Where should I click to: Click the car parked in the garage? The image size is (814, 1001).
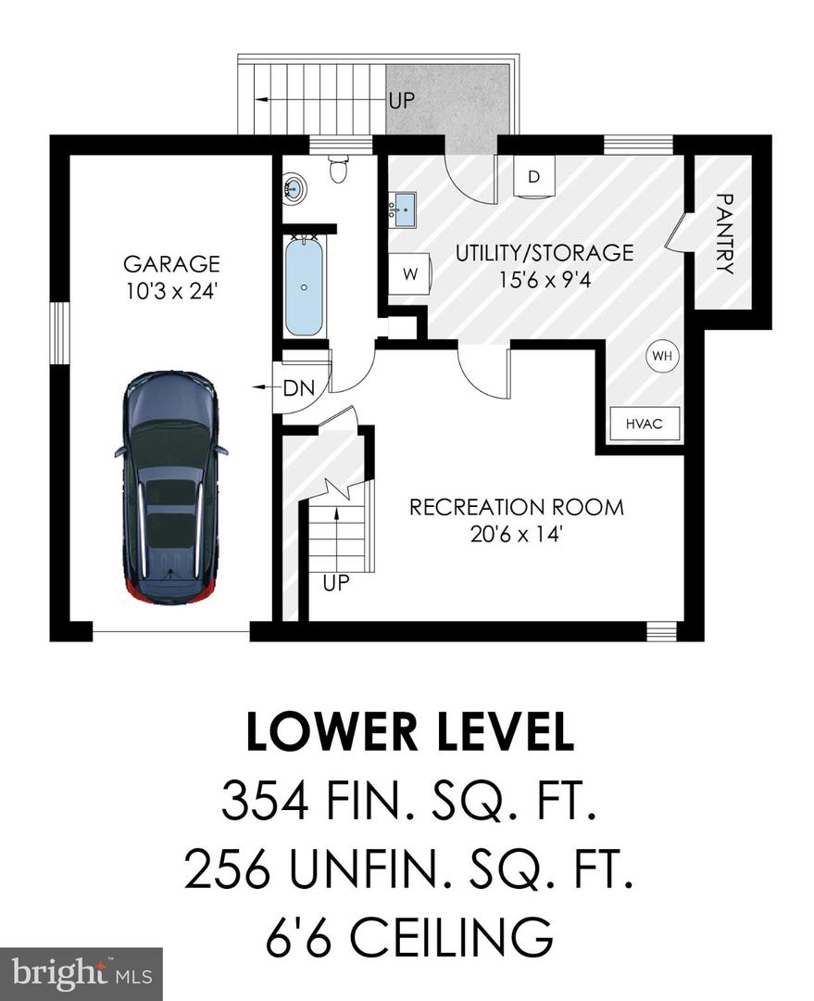click(171, 486)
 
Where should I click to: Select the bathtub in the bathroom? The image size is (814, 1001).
click(304, 286)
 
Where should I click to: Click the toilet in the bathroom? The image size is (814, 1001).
click(339, 170)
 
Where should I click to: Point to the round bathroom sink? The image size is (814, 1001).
click(294, 189)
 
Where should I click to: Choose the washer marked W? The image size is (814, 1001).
click(407, 275)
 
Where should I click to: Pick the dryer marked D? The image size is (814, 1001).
click(533, 177)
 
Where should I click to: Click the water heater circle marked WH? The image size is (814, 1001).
click(661, 355)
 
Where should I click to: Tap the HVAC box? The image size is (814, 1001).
click(645, 424)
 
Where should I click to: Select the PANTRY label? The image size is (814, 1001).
click(724, 234)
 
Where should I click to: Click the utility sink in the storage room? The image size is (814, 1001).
click(403, 209)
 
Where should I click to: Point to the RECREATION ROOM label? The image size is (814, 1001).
click(516, 507)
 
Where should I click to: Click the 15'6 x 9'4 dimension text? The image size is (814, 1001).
click(544, 276)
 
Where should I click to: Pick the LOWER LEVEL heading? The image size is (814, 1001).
click(407, 731)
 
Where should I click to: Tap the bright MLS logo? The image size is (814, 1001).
click(81, 973)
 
